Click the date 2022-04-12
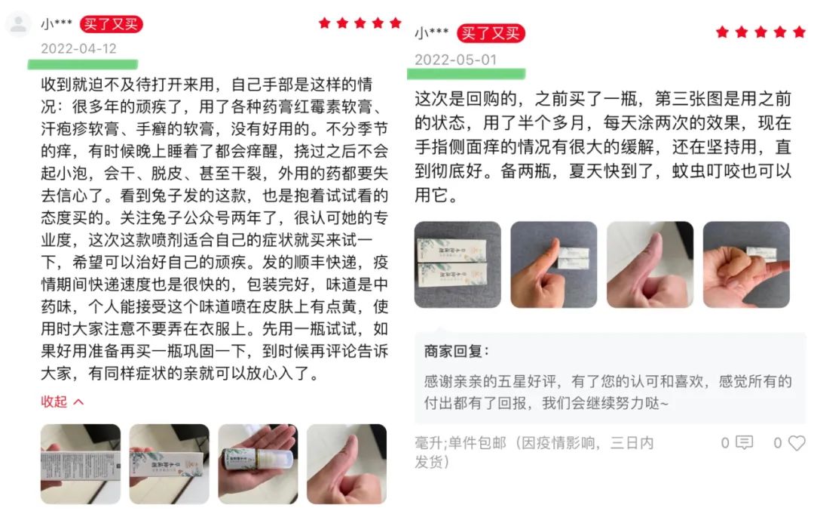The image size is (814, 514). click(78, 49)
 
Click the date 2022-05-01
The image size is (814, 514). click(455, 60)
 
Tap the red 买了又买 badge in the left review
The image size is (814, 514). click(111, 24)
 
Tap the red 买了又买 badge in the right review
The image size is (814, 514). click(491, 33)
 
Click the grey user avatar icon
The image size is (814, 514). click(19, 24)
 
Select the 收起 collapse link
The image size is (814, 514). click(62, 402)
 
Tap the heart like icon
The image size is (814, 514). click(797, 443)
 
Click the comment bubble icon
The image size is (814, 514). click(745, 442)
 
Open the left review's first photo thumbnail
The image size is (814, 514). click(81, 464)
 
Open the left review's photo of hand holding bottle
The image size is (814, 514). click(258, 464)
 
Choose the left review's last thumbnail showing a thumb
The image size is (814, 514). click(347, 464)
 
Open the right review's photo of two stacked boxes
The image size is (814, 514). click(458, 264)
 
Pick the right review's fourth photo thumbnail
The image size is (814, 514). click(746, 264)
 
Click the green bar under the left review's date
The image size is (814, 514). click(83, 64)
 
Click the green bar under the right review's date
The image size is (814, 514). click(467, 74)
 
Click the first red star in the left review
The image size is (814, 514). click(324, 23)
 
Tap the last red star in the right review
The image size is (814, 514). click(800, 32)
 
